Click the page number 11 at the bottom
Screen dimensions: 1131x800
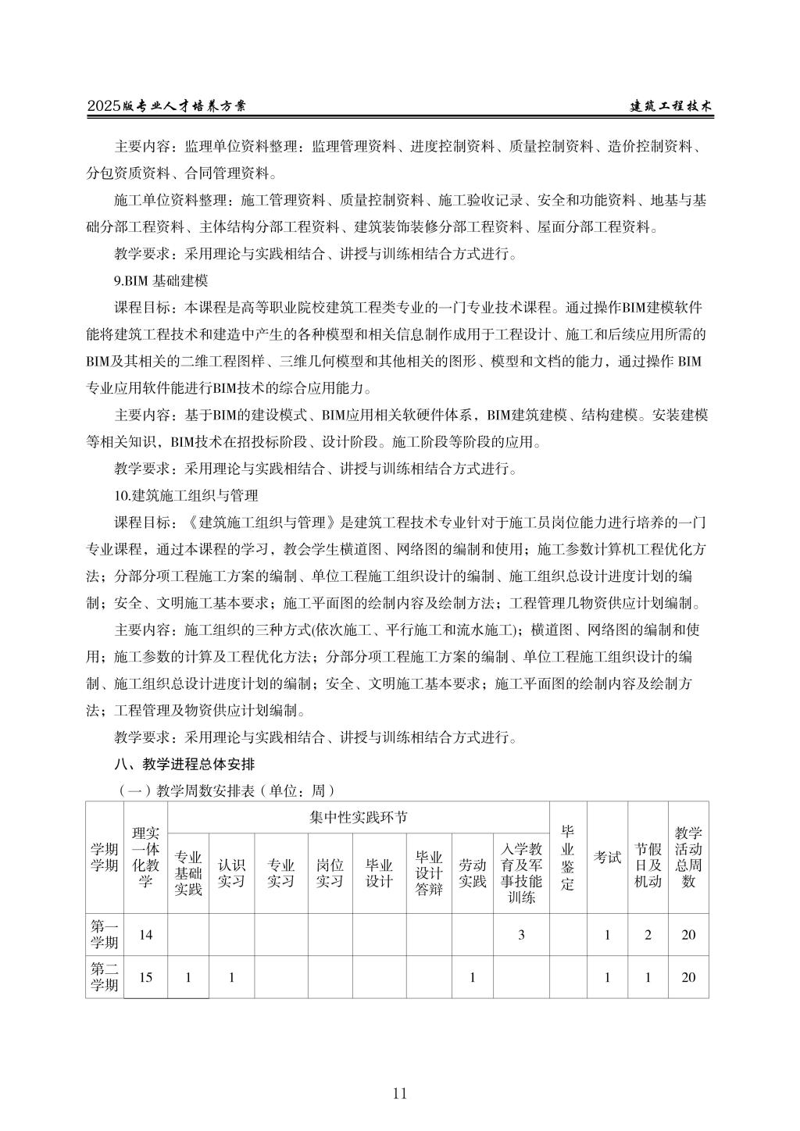400,1093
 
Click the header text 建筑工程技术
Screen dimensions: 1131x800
671,107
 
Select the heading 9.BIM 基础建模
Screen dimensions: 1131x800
162,280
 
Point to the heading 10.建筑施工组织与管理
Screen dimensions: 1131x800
186,495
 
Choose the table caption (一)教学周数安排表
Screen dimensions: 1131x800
226,790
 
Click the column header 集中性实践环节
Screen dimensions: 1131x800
358,818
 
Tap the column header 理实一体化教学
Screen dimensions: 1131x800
145,857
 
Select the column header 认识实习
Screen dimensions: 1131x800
231,872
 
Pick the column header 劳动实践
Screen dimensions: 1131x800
472,872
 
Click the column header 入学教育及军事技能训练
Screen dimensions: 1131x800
521,872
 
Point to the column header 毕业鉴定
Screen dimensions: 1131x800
568,857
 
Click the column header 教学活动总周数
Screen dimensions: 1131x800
688,857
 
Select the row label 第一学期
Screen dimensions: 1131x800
105,935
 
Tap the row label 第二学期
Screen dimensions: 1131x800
105,977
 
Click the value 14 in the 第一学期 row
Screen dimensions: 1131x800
145,935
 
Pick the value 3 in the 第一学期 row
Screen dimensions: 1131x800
521,935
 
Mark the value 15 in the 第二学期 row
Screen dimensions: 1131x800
145,977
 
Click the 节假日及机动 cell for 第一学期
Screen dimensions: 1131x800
648,935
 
